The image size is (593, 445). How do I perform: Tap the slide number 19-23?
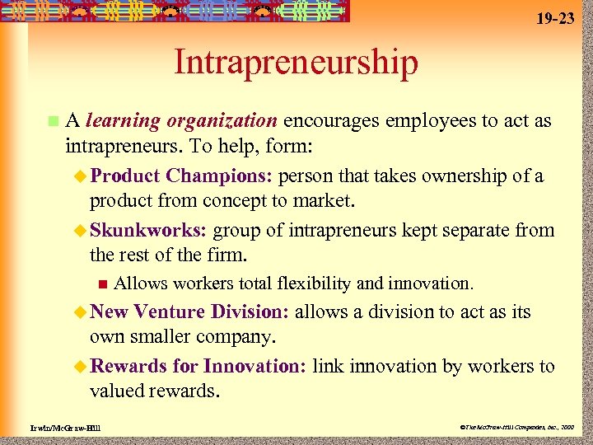557,17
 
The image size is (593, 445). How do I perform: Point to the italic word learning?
124,121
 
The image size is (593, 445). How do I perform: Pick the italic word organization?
222,121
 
